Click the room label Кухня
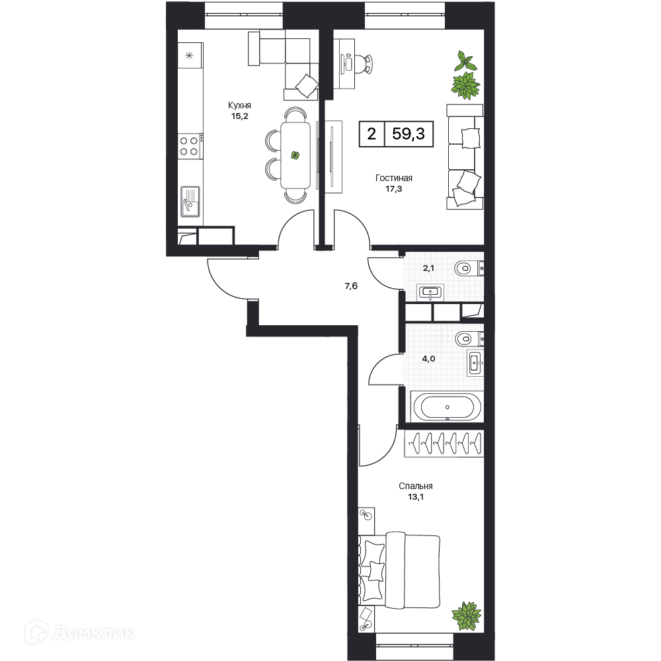coord(239,105)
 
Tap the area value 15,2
coord(239,116)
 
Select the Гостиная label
coord(394,178)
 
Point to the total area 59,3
coord(408,134)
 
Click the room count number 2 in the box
coord(371,134)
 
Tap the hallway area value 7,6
coord(351,286)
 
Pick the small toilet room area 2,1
coord(428,268)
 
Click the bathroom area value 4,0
coord(429,359)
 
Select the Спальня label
coord(416,486)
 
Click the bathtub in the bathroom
coord(447,407)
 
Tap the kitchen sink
coord(190,202)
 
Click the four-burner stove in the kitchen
coord(189,146)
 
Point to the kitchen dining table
coord(295,155)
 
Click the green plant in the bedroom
coord(466,615)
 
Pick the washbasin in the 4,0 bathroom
coord(475,362)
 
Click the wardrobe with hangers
coord(444,443)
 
